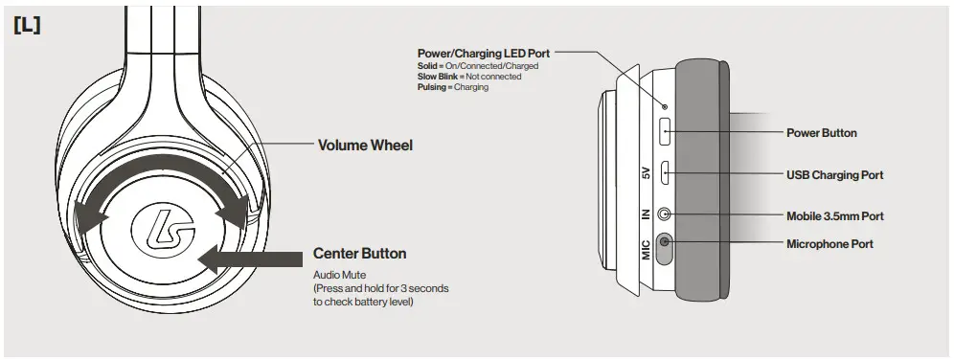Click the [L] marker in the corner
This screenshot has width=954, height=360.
(x=26, y=26)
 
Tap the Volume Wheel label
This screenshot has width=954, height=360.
(x=365, y=146)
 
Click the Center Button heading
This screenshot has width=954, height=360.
(x=359, y=254)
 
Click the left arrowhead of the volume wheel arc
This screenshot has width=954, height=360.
(x=93, y=217)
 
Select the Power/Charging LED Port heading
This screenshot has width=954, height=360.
(x=484, y=53)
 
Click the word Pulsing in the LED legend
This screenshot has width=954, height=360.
(x=433, y=87)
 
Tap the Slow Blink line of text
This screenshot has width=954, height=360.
(x=469, y=77)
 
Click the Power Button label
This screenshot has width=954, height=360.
(x=821, y=133)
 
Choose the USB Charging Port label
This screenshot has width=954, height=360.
(x=833, y=175)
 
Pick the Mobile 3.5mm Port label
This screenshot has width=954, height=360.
(x=834, y=216)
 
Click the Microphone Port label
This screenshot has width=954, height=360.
(x=829, y=244)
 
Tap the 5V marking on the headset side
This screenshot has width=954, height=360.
(x=646, y=174)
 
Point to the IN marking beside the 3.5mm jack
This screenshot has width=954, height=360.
(x=646, y=214)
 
